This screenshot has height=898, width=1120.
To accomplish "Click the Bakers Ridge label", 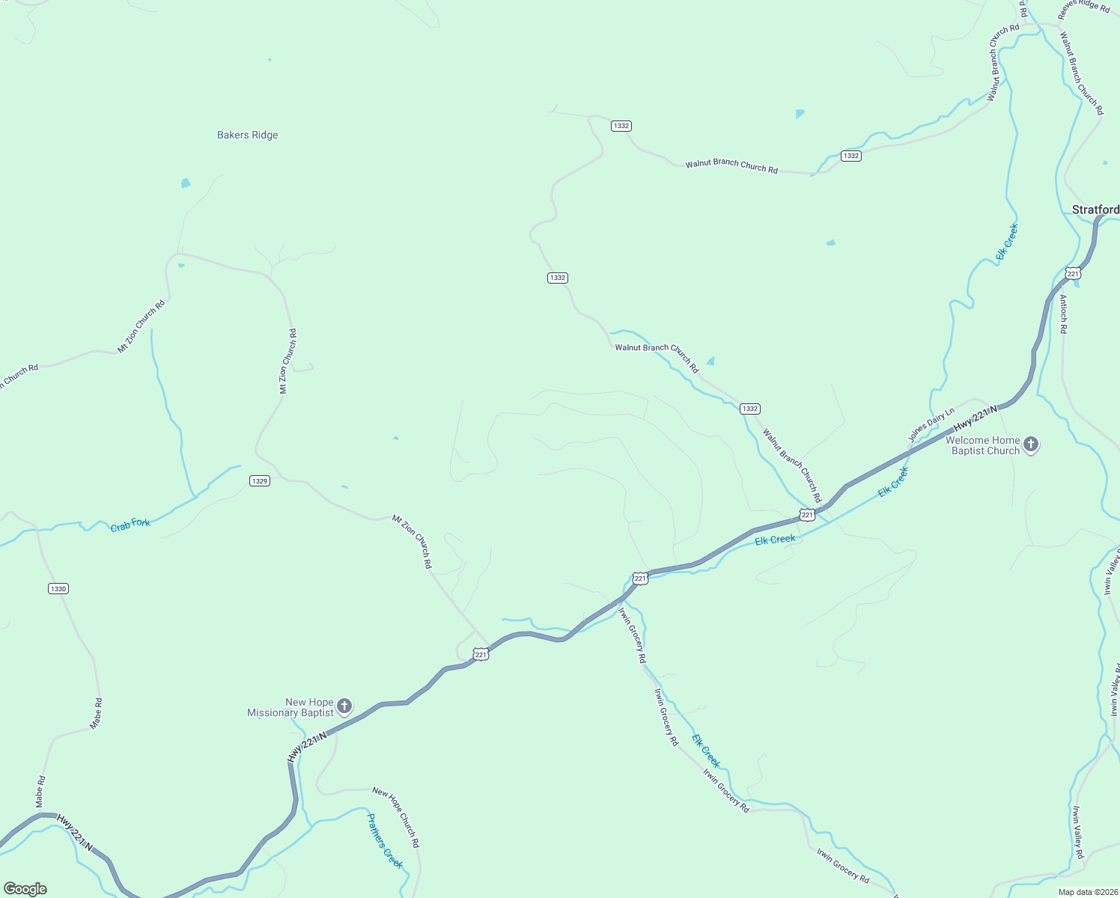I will tap(247, 135).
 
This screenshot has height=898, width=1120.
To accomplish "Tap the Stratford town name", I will tap(1095, 210).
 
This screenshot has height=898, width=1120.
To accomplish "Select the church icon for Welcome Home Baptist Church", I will tap(1031, 445).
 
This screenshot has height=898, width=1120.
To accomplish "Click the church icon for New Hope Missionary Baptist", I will tap(344, 706).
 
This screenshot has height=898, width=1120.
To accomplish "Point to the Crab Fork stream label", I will tap(130, 525).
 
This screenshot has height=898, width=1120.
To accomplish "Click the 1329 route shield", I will tap(260, 481).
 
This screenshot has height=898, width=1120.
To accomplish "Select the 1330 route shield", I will tap(58, 589).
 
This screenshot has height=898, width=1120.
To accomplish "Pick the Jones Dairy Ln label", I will tap(931, 424).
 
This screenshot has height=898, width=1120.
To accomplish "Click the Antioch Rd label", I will tap(1063, 314).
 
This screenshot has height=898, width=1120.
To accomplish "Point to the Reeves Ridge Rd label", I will tap(1083, 7).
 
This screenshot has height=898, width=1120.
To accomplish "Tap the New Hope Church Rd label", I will tap(396, 817).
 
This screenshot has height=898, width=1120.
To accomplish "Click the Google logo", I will tap(25, 889).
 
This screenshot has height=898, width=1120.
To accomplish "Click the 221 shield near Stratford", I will tap(1073, 274).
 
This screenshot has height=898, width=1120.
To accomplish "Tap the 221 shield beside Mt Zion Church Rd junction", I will tap(481, 655).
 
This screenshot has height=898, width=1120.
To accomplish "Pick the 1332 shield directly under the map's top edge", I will tap(621, 126).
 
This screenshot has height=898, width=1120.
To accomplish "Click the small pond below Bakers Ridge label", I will tap(186, 183).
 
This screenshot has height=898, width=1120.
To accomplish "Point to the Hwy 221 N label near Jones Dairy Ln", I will tap(976, 419).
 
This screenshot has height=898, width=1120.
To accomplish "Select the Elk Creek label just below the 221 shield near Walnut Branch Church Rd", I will tap(775, 539).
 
